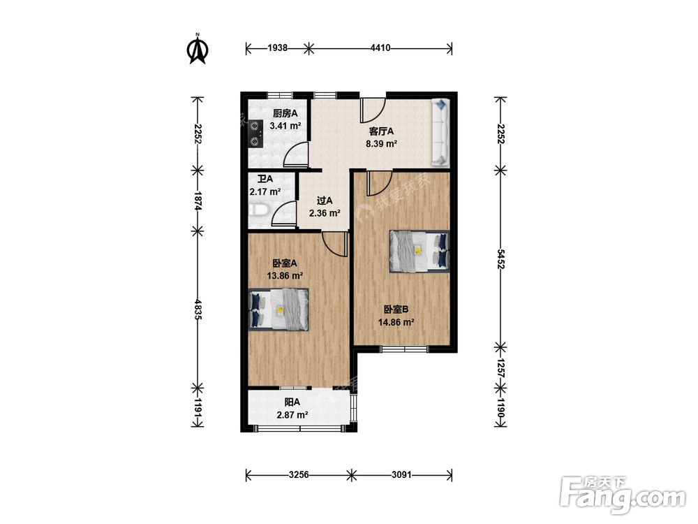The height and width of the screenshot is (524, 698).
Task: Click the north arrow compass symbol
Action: [198, 49]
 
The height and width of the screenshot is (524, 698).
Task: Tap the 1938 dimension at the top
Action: [277, 48]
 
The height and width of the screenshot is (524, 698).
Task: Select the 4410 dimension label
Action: [380, 48]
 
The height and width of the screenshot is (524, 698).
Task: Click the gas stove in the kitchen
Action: [255, 134]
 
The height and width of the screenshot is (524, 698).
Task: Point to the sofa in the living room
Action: [440, 132]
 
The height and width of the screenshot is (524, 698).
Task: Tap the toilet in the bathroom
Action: [258, 210]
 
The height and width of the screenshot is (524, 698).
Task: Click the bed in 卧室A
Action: [279, 310]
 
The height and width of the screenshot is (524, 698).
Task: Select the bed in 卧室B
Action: [419, 252]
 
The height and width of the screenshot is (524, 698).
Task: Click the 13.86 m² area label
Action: [285, 276]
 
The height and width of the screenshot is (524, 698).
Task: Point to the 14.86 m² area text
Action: [396, 322]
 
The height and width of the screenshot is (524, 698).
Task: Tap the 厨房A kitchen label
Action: [285, 114]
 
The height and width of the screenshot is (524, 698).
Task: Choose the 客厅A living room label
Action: [382, 131]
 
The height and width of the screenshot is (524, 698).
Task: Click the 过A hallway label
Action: [325, 201]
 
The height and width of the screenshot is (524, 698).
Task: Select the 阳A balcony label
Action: [292, 402]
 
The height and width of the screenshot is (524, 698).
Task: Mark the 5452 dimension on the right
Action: [500, 259]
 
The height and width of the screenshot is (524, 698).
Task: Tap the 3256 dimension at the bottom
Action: [299, 475]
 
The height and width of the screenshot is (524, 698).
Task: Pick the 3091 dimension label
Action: [401, 475]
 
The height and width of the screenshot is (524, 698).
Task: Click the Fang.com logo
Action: [623, 495]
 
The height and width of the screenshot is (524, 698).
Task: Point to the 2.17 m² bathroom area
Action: [265, 192]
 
